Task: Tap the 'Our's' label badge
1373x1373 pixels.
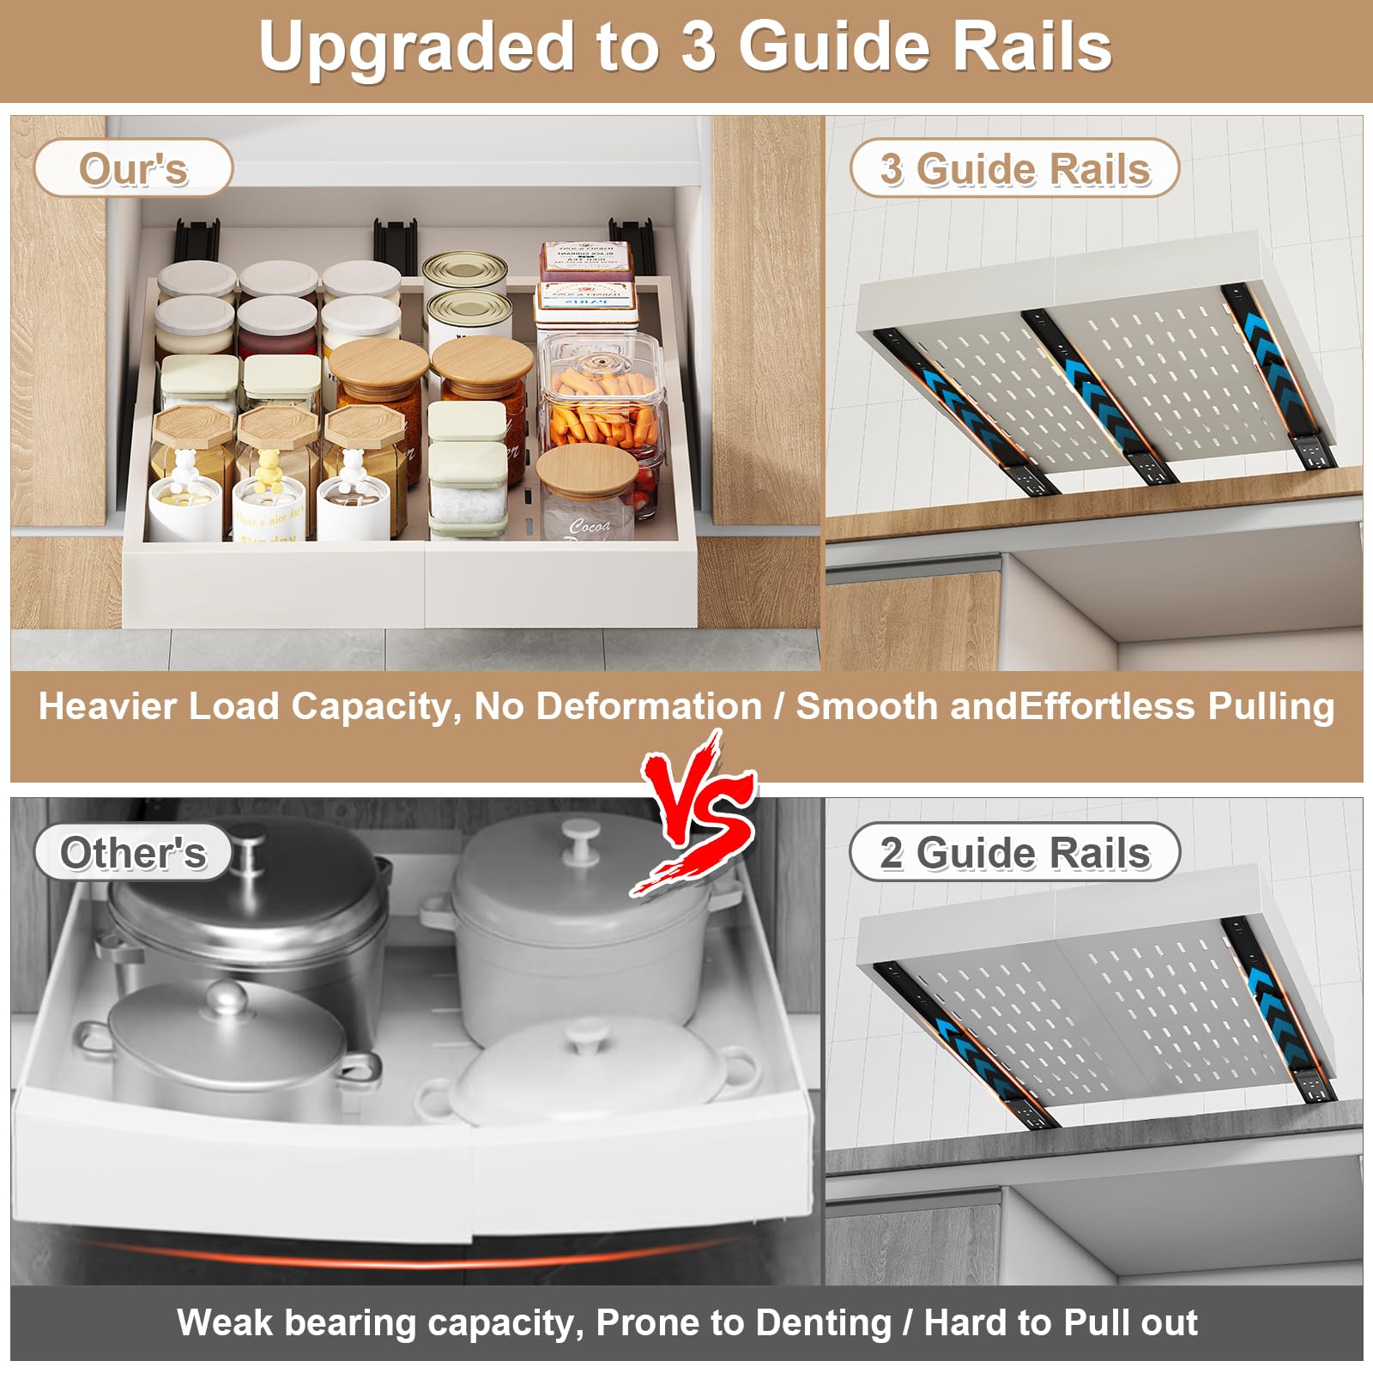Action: point(133,168)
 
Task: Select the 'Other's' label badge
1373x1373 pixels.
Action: point(133,852)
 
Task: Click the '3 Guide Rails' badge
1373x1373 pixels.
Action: point(1014,168)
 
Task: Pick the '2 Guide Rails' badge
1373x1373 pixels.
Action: point(1014,852)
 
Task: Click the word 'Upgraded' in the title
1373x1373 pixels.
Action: point(415,47)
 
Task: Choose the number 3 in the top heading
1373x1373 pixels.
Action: point(699,47)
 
